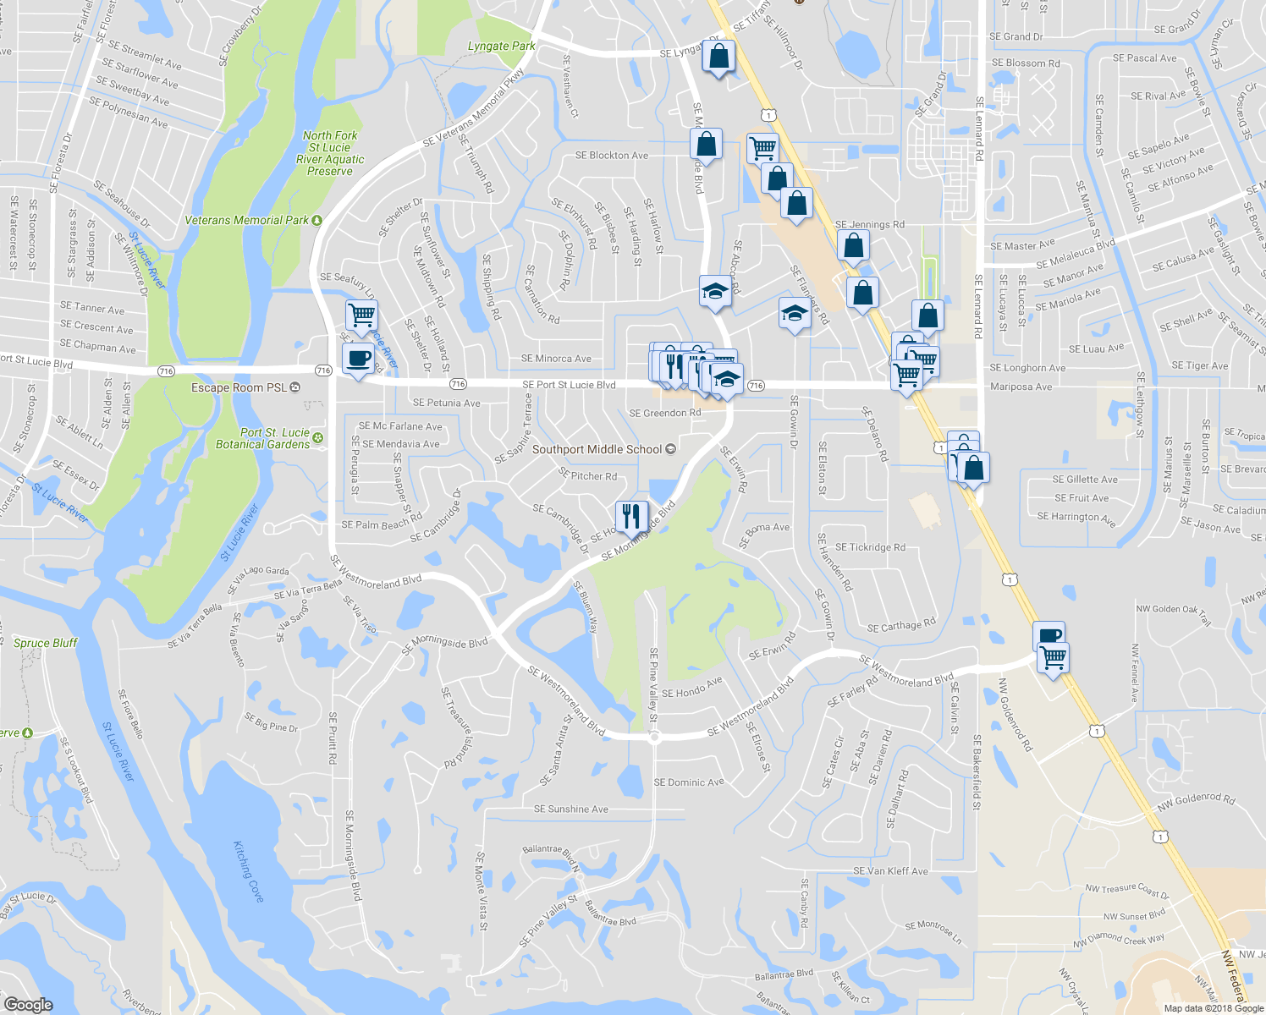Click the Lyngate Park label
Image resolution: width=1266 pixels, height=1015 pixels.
point(501,46)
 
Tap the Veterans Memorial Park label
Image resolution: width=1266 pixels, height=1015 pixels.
point(247,220)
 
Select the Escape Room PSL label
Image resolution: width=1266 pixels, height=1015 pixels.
point(239,387)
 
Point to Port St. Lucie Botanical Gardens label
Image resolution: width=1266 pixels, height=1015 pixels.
point(263,438)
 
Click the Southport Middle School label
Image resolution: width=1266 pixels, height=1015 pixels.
point(597,449)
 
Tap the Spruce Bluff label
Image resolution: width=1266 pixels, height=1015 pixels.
point(46,643)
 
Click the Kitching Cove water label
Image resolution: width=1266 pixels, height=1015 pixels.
point(248,871)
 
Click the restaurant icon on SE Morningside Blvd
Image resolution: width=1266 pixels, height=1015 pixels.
point(631,515)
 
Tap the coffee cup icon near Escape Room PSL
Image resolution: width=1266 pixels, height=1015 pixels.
point(358,358)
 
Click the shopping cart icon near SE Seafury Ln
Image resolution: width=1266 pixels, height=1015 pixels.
point(361,314)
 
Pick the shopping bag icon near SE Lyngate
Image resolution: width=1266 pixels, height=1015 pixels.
point(718,57)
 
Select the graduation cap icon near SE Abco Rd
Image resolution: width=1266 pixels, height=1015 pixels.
point(715,292)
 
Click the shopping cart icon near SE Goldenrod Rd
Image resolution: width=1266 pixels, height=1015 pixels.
point(1054,657)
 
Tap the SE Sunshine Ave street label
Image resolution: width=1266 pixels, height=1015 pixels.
point(570,809)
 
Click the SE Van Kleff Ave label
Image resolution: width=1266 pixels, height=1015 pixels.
point(890,871)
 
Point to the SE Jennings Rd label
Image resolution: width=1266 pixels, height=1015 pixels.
point(869,225)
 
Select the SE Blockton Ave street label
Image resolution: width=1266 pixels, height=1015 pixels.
point(611,156)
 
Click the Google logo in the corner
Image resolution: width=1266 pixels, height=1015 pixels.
point(28,1004)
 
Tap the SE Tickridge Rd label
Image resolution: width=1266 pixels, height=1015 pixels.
point(870,547)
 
